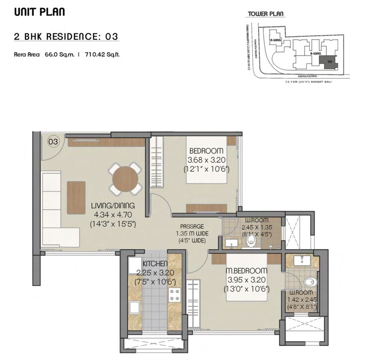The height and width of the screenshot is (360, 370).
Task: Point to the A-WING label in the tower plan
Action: [x=274, y=38]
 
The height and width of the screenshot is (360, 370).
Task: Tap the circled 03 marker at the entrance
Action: [x=53, y=142]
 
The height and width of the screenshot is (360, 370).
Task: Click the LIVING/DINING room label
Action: [x=113, y=206]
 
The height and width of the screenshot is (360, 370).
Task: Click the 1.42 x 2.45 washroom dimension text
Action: [x=301, y=299]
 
